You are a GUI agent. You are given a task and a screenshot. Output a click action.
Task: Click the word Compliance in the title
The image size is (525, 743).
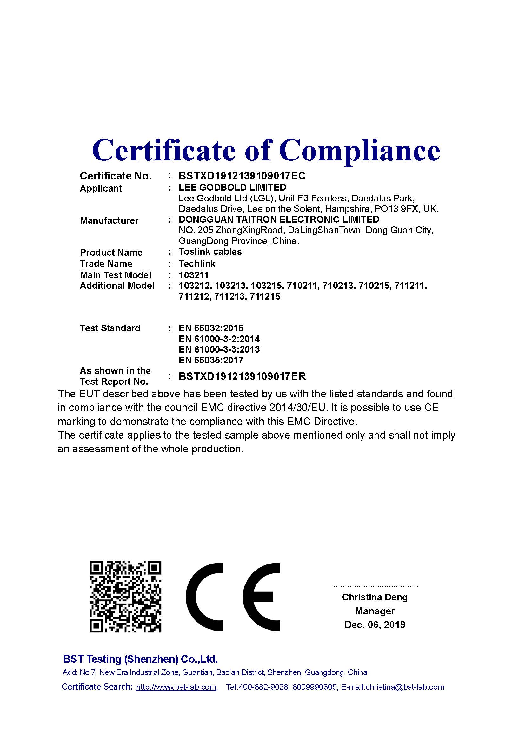pos(360,150)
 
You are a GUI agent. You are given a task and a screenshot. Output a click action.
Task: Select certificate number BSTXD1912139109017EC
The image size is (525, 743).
pos(242,176)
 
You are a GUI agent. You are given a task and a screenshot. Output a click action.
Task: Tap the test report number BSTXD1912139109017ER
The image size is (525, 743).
pos(242,376)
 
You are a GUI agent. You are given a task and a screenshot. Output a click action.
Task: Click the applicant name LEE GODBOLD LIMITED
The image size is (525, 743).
pos(232,187)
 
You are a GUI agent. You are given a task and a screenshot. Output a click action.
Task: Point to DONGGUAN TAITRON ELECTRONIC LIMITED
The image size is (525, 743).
pos(279,220)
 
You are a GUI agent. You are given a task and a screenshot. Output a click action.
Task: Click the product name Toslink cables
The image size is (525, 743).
pos(210,252)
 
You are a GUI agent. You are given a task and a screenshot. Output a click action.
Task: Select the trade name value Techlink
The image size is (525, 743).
pos(197,264)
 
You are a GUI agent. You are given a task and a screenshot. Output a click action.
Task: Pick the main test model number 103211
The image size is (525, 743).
pos(194,275)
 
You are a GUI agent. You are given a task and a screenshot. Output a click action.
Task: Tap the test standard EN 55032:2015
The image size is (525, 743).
pos(211,328)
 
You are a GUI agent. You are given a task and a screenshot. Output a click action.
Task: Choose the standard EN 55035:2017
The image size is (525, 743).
pos(211,360)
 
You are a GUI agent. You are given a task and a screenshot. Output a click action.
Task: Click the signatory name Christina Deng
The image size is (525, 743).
pos(375,597)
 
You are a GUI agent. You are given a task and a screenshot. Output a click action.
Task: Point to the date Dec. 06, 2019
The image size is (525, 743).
pos(375,624)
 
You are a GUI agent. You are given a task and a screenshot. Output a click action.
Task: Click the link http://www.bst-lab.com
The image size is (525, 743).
pos(176,687)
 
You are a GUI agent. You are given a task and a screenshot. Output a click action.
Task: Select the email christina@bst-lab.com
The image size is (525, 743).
pos(405,687)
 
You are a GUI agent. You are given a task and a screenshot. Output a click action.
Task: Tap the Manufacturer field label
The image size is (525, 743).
pos(109,220)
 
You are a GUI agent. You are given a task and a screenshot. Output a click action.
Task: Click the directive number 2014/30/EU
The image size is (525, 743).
pos(298,408)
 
